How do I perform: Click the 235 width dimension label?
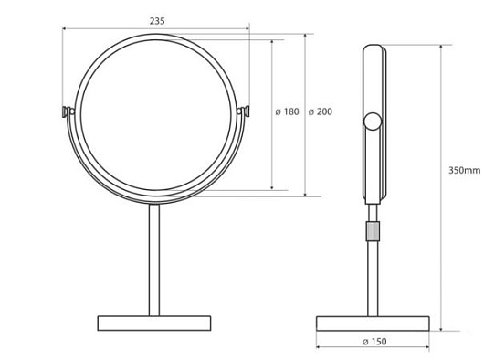[157, 21]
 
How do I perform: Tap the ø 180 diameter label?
[287, 111]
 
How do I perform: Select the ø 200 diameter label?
[321, 111]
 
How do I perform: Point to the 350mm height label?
[464, 170]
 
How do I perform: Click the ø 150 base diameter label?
[374, 342]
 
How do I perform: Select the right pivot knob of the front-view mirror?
[244, 111]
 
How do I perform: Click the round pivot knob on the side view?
[373, 122]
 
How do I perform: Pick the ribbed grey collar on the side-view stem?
[373, 231]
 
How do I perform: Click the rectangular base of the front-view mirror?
[154, 323]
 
